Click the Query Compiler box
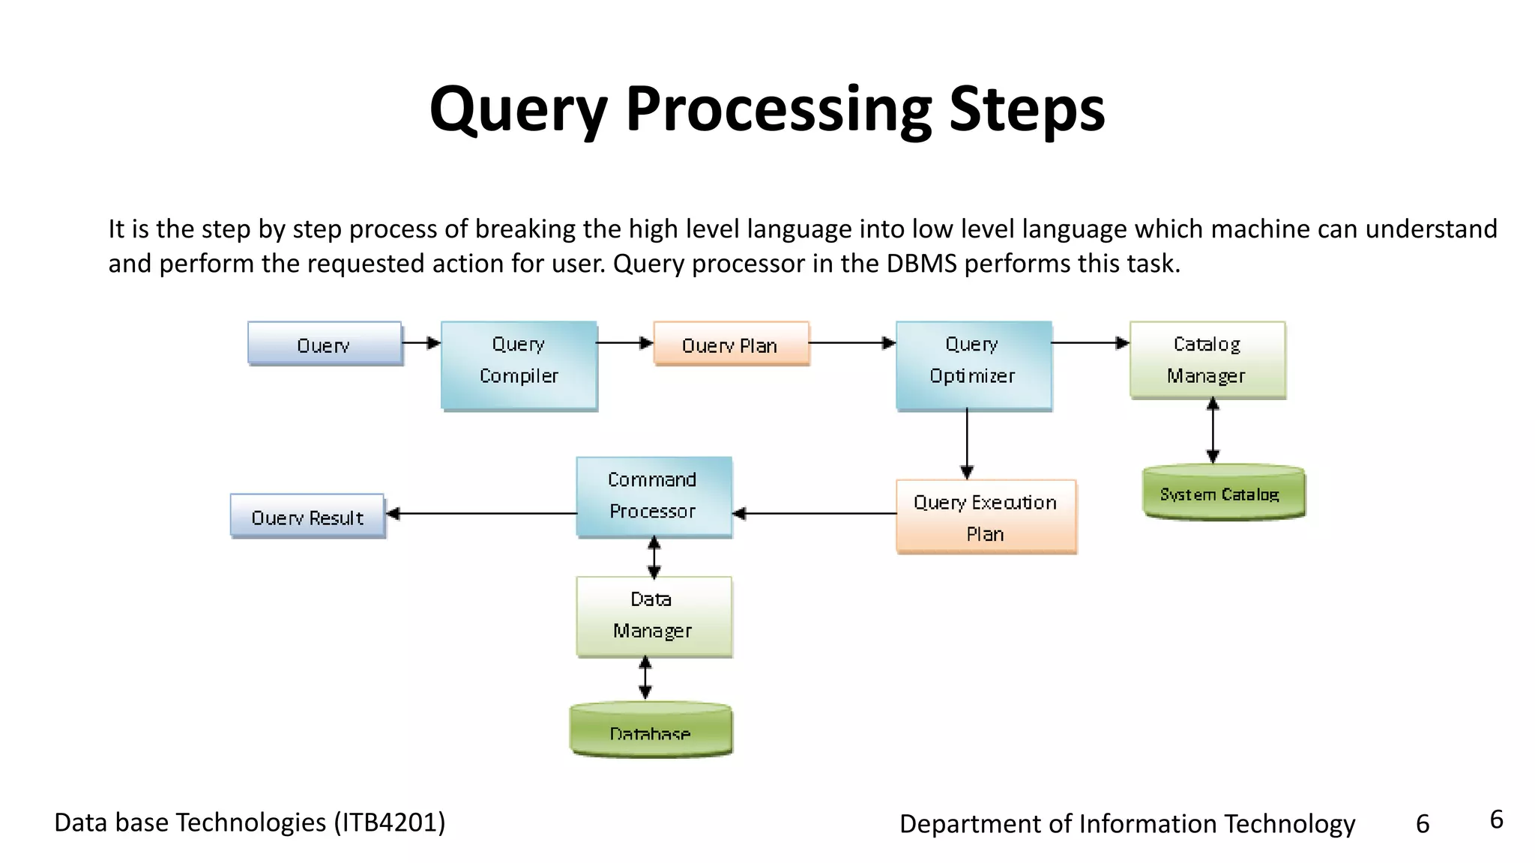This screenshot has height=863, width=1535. point(519,366)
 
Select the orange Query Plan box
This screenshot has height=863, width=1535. point(731,344)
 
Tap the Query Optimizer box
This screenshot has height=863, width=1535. point(973,366)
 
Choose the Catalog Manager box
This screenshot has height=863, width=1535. point(1207,360)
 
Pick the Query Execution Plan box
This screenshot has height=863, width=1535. point(986,517)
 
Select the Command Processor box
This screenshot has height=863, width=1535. point(654,496)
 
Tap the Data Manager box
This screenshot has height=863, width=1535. point(654,616)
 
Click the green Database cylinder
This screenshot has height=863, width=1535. point(651,730)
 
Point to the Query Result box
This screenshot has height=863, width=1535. point(307,516)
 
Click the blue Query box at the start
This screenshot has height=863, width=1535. point(325,344)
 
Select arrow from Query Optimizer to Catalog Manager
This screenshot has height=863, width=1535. point(1091,343)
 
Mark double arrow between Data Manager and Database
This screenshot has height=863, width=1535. point(645,678)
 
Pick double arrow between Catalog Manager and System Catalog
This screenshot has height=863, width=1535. point(1213,431)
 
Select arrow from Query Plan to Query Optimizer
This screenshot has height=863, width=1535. point(852,343)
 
